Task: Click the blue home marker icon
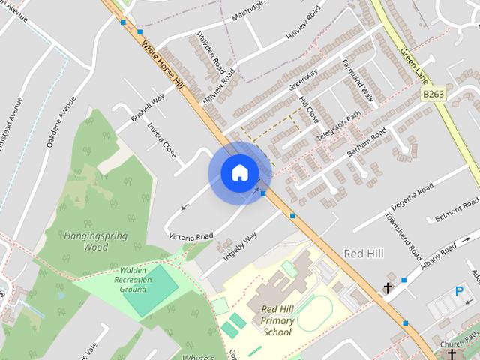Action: click(x=239, y=173)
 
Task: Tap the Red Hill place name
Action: click(x=364, y=254)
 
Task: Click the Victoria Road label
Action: click(x=191, y=236)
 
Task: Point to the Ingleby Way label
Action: click(x=240, y=245)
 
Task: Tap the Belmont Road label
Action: click(x=457, y=211)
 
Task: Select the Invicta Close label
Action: click(x=162, y=139)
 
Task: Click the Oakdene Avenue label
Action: click(x=61, y=121)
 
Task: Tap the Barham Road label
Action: click(x=367, y=142)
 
